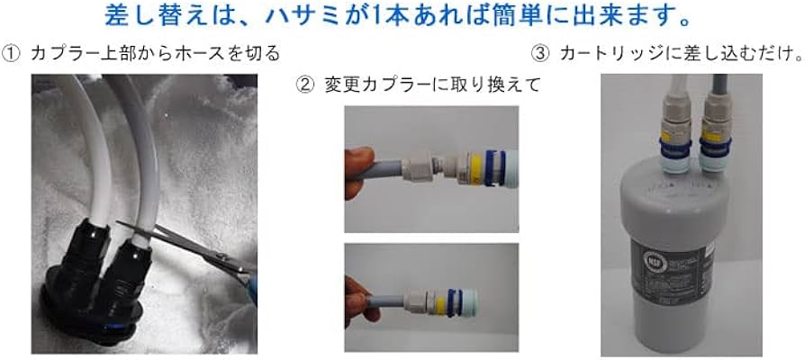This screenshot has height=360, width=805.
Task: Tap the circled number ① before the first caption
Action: [x=12, y=53]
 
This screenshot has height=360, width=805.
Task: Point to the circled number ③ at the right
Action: [x=540, y=53]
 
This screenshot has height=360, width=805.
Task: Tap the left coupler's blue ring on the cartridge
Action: [x=674, y=141]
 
